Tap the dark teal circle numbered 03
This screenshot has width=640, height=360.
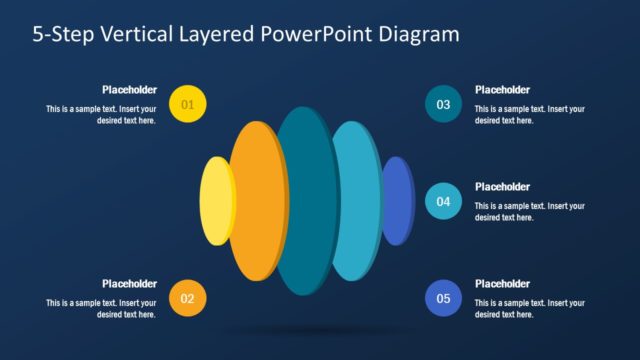pyautogui.click(x=443, y=103)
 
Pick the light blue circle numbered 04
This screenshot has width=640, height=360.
pyautogui.click(x=443, y=201)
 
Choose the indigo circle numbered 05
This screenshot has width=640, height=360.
pyautogui.click(x=443, y=298)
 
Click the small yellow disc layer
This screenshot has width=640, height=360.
pyautogui.click(x=215, y=201)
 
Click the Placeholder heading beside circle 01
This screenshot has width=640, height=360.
pyautogui.click(x=129, y=89)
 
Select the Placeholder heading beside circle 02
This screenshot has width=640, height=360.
pyautogui.click(x=129, y=283)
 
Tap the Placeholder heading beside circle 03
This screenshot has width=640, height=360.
pyautogui.click(x=502, y=89)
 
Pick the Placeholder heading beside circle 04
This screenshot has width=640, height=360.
pyautogui.click(x=502, y=186)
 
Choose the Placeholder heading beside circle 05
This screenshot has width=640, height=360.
pyautogui.click(x=502, y=283)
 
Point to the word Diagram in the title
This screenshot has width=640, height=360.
pyautogui.click(x=420, y=34)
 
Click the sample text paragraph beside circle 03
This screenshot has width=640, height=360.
pyautogui.click(x=529, y=114)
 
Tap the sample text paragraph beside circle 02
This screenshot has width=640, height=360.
pyautogui.click(x=101, y=308)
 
